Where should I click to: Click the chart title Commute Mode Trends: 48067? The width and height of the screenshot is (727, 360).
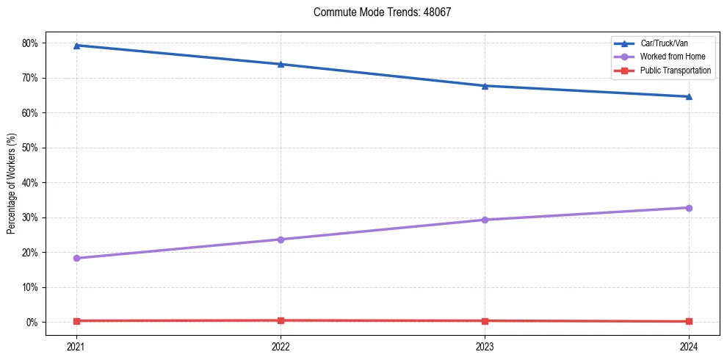[387, 12]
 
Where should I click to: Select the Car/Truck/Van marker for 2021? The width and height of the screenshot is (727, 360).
[76, 46]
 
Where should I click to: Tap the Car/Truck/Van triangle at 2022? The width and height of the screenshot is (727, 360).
[281, 64]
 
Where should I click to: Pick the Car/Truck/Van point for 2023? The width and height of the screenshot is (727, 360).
[485, 86]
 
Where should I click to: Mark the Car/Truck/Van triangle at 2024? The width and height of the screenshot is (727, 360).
[689, 96]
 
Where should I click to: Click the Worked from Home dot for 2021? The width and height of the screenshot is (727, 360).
[76, 258]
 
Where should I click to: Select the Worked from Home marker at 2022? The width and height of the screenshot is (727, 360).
[281, 240]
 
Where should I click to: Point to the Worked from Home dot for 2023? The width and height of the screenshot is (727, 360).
[485, 220]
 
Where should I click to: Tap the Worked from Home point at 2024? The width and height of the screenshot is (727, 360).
[689, 208]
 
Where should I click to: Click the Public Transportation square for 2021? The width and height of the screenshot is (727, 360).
[76, 321]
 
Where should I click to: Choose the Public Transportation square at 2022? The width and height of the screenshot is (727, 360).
[281, 320]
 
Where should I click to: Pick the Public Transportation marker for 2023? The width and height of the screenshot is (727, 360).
[485, 321]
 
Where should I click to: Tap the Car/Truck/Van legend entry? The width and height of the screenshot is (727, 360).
[664, 43]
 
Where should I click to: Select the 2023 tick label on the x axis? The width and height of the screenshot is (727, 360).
[485, 346]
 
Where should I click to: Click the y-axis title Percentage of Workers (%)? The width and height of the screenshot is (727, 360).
[12, 183]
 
